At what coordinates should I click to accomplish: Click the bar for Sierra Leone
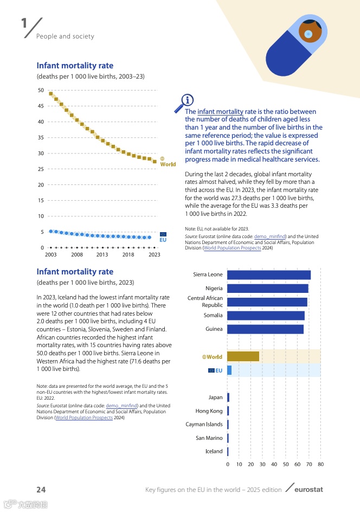coord(268,275)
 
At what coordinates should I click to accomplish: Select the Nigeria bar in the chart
coord(267,289)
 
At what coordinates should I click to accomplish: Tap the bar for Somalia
coord(266,316)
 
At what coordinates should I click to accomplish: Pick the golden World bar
coord(243,356)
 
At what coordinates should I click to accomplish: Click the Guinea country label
coord(214,329)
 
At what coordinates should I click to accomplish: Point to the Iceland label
coord(214,451)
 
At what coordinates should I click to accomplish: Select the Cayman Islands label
coord(204,425)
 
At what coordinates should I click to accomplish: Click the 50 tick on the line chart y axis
coord(41,90)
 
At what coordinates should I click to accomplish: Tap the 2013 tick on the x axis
coord(102,254)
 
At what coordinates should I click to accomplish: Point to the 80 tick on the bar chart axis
coord(320,464)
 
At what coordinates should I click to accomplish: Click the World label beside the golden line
coord(168,164)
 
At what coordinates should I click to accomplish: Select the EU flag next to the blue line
coord(163,234)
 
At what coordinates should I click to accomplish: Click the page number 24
coord(41,489)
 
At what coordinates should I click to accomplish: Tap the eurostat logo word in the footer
coord(308,490)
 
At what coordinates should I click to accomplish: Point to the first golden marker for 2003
coord(51,93)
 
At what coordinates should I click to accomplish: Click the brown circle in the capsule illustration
coord(310,32)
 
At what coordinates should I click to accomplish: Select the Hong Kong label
coord(209,411)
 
